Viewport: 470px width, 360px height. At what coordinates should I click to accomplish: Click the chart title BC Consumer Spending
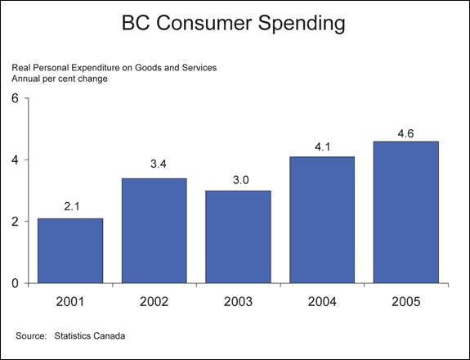click(233, 24)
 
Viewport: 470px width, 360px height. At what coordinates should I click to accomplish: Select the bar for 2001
click(70, 251)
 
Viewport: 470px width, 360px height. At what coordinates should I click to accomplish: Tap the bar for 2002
click(154, 231)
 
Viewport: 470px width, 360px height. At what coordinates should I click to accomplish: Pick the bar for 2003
click(238, 237)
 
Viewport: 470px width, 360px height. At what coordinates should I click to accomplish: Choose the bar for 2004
click(322, 220)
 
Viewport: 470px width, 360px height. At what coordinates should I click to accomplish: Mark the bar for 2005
click(406, 212)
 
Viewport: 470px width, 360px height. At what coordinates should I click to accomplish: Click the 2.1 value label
click(72, 206)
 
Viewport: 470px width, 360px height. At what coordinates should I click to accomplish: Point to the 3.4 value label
click(159, 164)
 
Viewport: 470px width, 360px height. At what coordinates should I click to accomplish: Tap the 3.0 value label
click(241, 180)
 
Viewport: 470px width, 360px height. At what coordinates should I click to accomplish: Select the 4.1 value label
click(323, 147)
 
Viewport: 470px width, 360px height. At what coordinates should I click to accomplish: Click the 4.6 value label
click(406, 134)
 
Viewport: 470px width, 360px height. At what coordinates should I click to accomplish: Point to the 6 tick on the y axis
click(15, 98)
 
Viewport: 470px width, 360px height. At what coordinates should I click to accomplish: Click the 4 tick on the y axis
click(15, 160)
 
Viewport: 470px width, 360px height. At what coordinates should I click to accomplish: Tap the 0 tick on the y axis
click(15, 283)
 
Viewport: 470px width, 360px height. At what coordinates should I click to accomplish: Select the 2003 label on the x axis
click(238, 301)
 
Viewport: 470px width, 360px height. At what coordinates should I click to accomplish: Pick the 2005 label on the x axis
click(406, 301)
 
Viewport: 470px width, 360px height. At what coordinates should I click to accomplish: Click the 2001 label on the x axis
click(70, 301)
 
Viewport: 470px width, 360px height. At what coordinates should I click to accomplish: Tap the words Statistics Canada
click(90, 335)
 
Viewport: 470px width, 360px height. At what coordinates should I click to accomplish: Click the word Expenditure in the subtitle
click(101, 68)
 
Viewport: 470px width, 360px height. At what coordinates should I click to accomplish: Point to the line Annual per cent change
click(60, 79)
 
